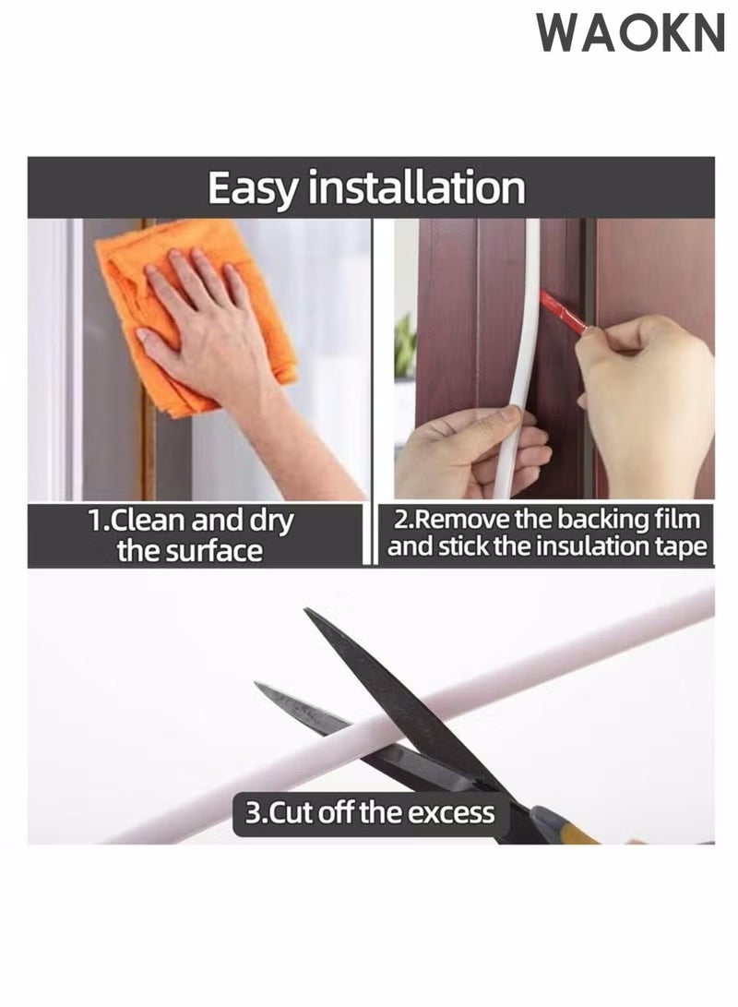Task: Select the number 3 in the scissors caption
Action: [253, 813]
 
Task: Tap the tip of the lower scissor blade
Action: [258, 686]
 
